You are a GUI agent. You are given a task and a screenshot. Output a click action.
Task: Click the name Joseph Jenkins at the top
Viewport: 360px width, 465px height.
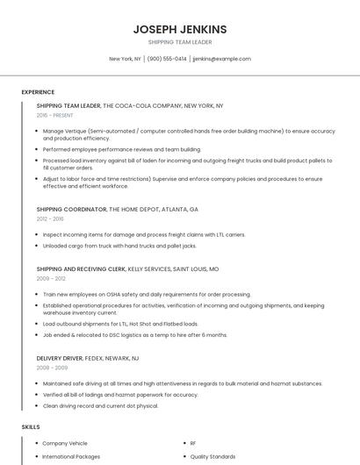click(179, 29)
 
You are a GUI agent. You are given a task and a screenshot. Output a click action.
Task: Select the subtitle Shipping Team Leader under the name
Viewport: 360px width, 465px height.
click(179, 42)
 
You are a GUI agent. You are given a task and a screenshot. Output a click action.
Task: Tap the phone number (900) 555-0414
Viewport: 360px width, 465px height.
click(167, 59)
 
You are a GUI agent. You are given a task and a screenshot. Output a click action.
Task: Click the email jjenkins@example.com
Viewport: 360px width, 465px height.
click(221, 59)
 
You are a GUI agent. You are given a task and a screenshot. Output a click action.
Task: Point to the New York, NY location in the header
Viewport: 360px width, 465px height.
click(125, 59)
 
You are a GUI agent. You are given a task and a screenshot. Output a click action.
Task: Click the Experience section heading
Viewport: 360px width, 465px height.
click(38, 92)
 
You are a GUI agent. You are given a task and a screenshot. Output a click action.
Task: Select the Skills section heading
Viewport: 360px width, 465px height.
click(31, 426)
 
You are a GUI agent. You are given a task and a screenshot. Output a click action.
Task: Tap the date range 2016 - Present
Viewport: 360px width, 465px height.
click(56, 115)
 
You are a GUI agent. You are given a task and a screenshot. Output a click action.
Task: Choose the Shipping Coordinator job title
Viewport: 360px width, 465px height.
click(71, 210)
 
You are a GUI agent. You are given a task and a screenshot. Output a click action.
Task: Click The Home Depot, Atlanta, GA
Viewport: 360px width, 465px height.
click(155, 210)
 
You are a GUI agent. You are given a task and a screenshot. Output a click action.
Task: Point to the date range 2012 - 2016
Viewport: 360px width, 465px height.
click(50, 218)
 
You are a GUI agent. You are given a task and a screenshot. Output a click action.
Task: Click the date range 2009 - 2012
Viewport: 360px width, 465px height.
click(51, 278)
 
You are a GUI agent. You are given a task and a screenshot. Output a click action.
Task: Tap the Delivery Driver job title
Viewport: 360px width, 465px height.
click(60, 358)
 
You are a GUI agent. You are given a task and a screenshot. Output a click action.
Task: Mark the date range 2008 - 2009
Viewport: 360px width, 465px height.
click(51, 367)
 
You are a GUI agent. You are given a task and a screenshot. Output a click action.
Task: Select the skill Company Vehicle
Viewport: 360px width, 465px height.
click(67, 444)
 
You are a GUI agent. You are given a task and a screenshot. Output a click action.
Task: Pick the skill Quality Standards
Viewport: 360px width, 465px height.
click(212, 456)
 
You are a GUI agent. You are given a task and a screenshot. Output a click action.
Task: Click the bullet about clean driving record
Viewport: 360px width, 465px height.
click(100, 405)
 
